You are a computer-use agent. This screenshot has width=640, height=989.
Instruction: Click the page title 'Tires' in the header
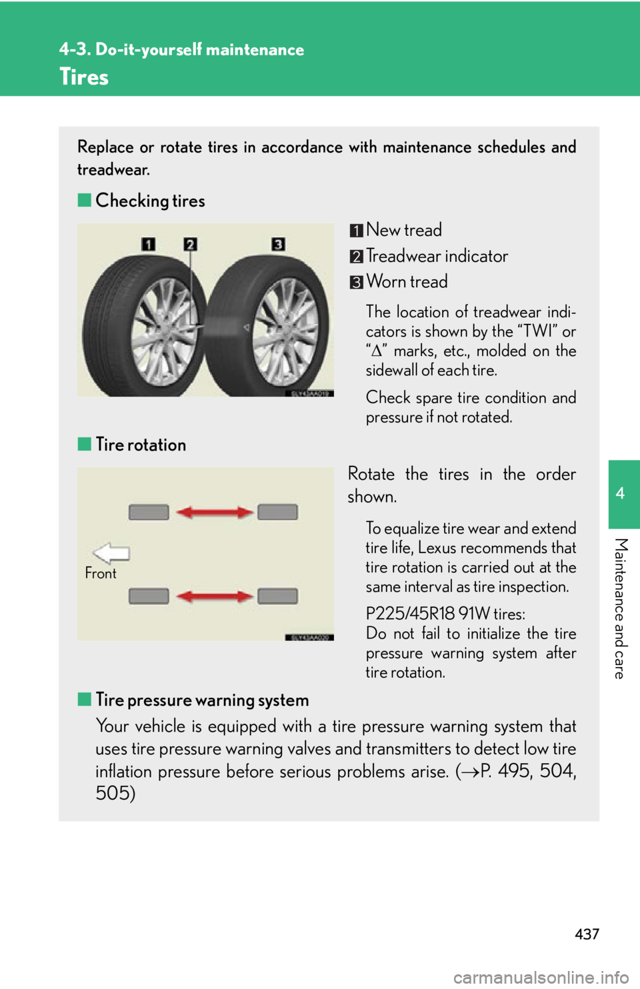84,77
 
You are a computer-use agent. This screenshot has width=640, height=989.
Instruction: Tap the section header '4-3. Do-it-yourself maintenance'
181,49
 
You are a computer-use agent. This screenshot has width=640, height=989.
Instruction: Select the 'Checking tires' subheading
149,201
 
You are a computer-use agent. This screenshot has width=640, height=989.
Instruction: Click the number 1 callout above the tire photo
148,244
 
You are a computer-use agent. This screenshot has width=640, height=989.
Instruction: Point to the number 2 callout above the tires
191,244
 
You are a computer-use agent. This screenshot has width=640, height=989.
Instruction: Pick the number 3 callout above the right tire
278,244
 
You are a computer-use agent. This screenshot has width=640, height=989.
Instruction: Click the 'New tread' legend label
403,230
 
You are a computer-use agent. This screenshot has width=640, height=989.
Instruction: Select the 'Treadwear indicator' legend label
437,256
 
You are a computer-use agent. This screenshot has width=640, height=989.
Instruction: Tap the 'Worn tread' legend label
407,282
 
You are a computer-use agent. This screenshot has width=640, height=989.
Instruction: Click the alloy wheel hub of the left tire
163,330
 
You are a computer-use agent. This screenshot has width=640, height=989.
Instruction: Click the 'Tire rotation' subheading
140,445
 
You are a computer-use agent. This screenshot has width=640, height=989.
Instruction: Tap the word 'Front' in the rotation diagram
101,573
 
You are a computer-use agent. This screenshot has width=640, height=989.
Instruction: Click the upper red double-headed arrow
214,512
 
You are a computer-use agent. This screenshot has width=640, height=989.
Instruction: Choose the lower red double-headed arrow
214,596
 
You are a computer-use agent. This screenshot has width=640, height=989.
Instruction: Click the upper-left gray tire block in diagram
149,512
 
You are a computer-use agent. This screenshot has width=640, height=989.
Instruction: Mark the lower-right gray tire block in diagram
277,596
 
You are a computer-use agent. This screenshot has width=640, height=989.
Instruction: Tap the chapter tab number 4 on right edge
621,494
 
